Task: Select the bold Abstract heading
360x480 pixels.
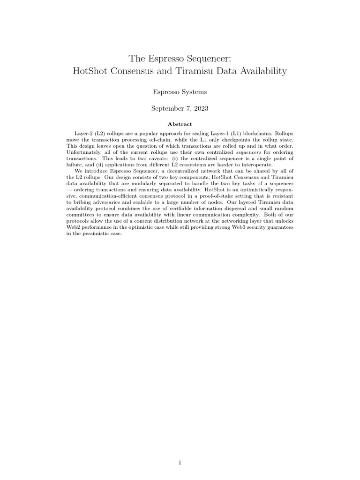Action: coord(180,124)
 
